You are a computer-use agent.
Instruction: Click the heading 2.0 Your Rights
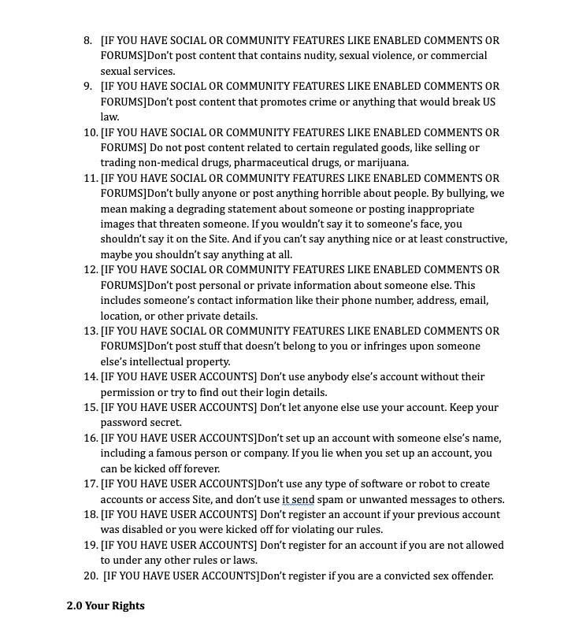[x=106, y=605]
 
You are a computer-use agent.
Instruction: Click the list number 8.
[x=88, y=40]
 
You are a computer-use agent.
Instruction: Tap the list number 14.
[x=90, y=377]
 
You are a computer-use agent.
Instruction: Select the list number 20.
[x=90, y=576]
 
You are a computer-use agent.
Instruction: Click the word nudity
[x=306, y=56]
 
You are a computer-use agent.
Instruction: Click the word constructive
[x=472, y=239]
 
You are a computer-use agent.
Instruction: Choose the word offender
[x=469, y=576]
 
